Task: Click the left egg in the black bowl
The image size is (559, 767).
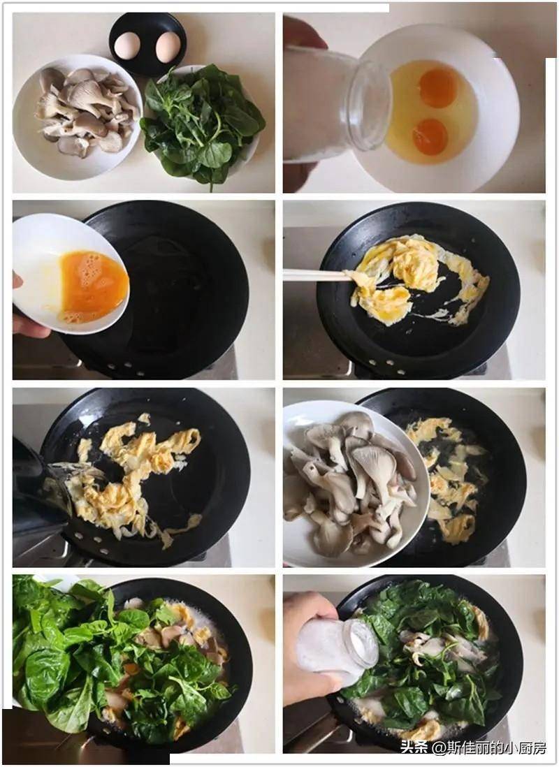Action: pos(126,45)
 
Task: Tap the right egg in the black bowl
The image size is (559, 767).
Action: pos(168,47)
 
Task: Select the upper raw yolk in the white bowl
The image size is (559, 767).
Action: pos(438,87)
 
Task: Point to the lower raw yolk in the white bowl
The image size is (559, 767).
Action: pos(430,136)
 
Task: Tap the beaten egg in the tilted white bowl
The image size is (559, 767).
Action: pos(92,286)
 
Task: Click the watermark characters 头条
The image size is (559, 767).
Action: pos(414,747)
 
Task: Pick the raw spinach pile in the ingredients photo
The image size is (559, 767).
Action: pos(202,125)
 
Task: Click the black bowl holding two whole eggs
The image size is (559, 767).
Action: pos(147,44)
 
